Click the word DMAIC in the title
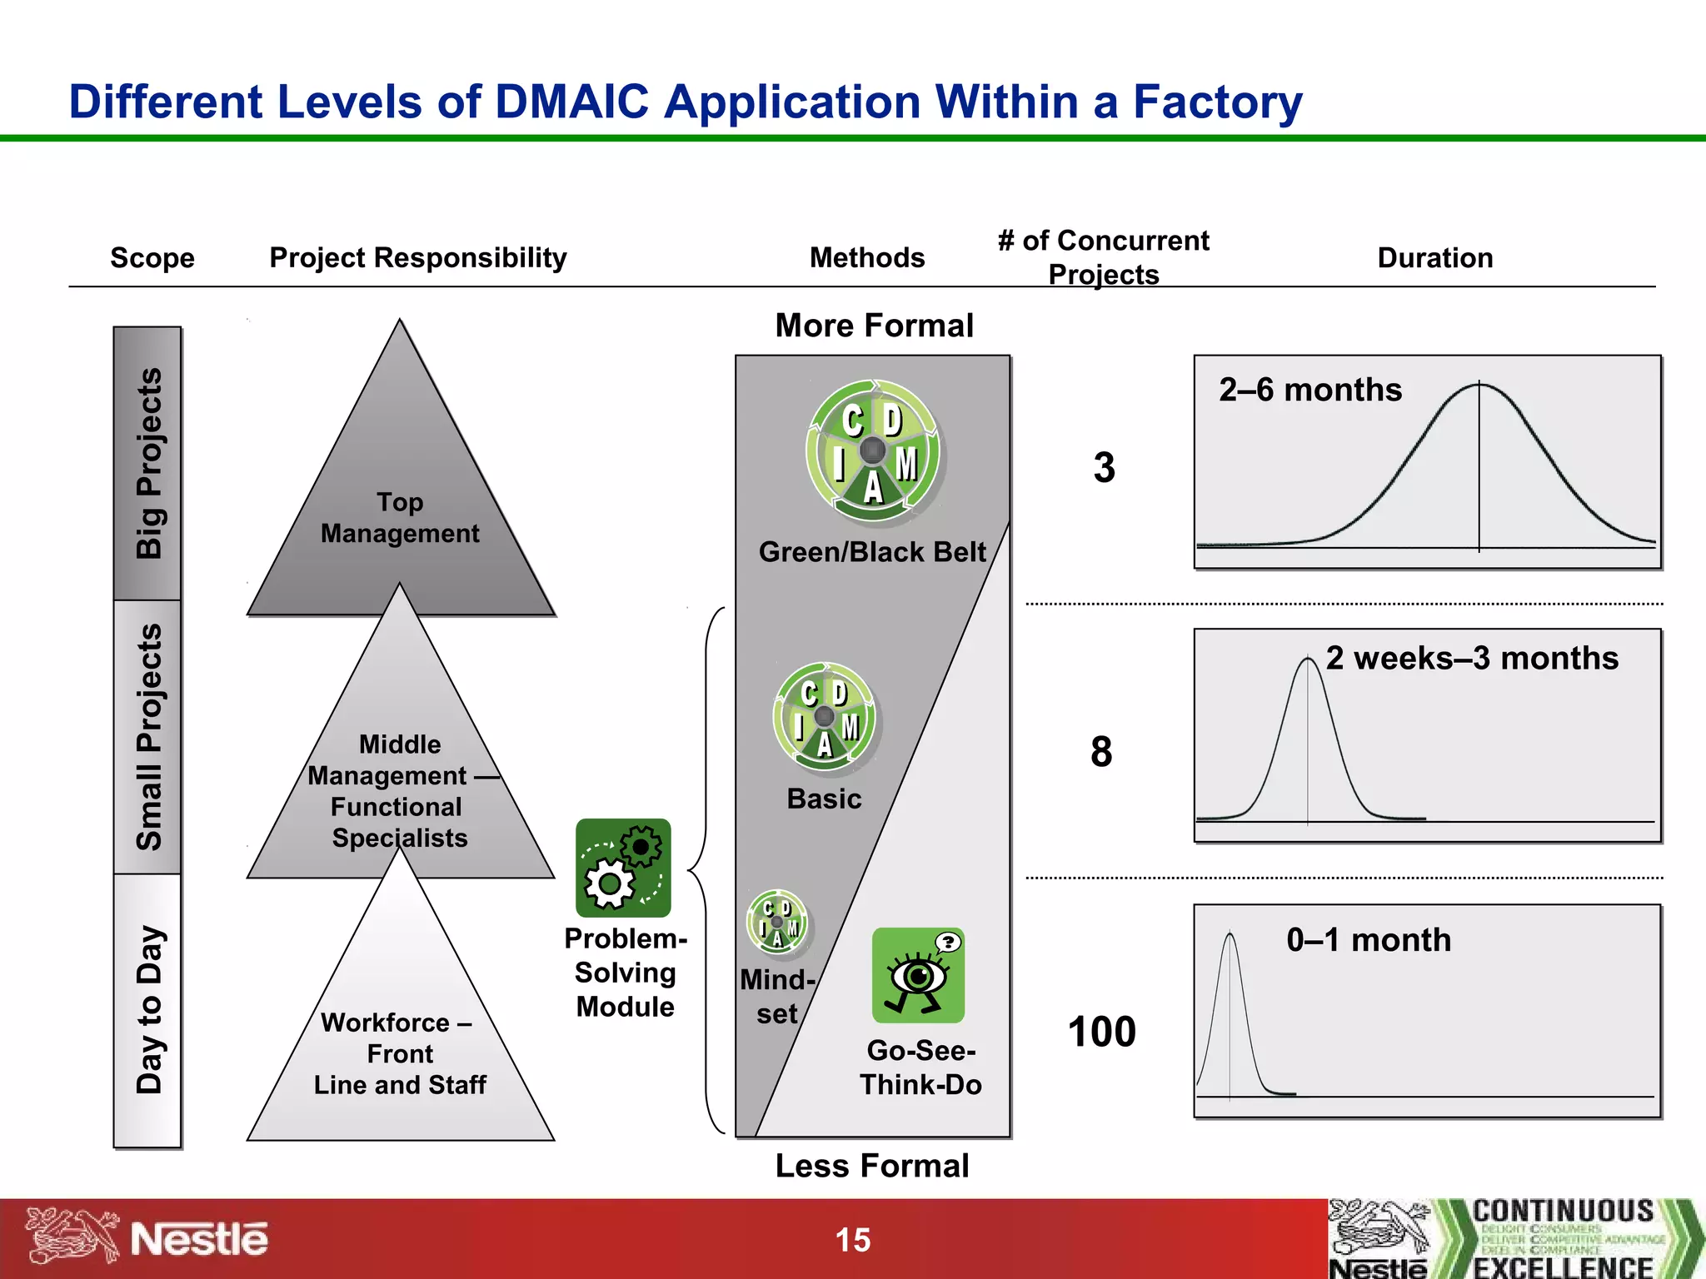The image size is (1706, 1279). click(x=571, y=102)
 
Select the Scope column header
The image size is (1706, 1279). click(x=152, y=258)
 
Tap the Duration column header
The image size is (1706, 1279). click(x=1434, y=258)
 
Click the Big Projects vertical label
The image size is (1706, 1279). click(x=149, y=463)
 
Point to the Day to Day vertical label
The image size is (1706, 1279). click(x=149, y=1009)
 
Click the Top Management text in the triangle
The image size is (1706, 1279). click(x=400, y=518)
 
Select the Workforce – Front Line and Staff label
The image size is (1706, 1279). click(x=400, y=1053)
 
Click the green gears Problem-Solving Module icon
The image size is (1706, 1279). click(x=623, y=868)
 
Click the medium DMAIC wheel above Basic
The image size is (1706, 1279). click(x=824, y=716)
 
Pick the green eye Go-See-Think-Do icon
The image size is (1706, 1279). click(x=918, y=975)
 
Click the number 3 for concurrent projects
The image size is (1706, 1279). click(x=1104, y=468)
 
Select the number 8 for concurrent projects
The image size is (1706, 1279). click(x=1101, y=752)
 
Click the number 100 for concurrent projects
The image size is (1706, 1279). click(x=1101, y=1032)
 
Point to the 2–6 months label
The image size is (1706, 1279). click(x=1310, y=390)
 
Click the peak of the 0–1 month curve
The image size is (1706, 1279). click(x=1230, y=935)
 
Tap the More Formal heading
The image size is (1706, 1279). click(x=874, y=326)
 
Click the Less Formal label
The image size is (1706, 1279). click(x=872, y=1166)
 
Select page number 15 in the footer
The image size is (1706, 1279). click(x=853, y=1240)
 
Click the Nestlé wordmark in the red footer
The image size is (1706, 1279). click(x=199, y=1240)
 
